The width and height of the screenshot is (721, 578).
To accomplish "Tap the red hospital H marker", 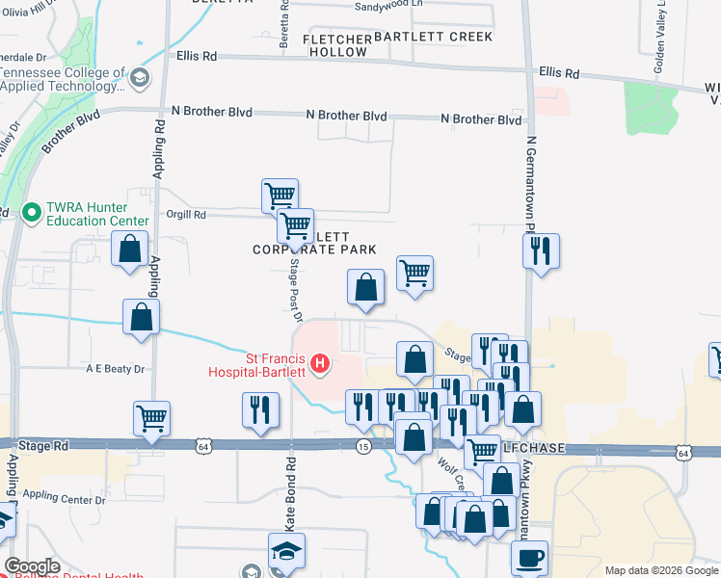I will [x=321, y=364].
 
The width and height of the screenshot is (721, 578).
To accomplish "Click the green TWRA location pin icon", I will [x=30, y=210].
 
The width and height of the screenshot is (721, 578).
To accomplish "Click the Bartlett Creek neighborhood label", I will [x=433, y=37].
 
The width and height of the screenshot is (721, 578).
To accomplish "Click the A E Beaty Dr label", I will [x=114, y=369].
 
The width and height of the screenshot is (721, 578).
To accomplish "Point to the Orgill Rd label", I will [x=186, y=215].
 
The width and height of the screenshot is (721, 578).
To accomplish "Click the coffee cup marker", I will [x=528, y=557].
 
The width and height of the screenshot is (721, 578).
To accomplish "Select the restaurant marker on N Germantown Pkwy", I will [x=541, y=250].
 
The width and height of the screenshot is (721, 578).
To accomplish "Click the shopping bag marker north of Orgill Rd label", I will [x=129, y=248].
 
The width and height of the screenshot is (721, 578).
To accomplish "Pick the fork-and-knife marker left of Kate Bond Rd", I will [x=260, y=410].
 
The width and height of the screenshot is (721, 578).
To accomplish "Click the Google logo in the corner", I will [x=32, y=566].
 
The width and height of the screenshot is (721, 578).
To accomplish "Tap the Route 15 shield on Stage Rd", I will [x=363, y=447].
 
